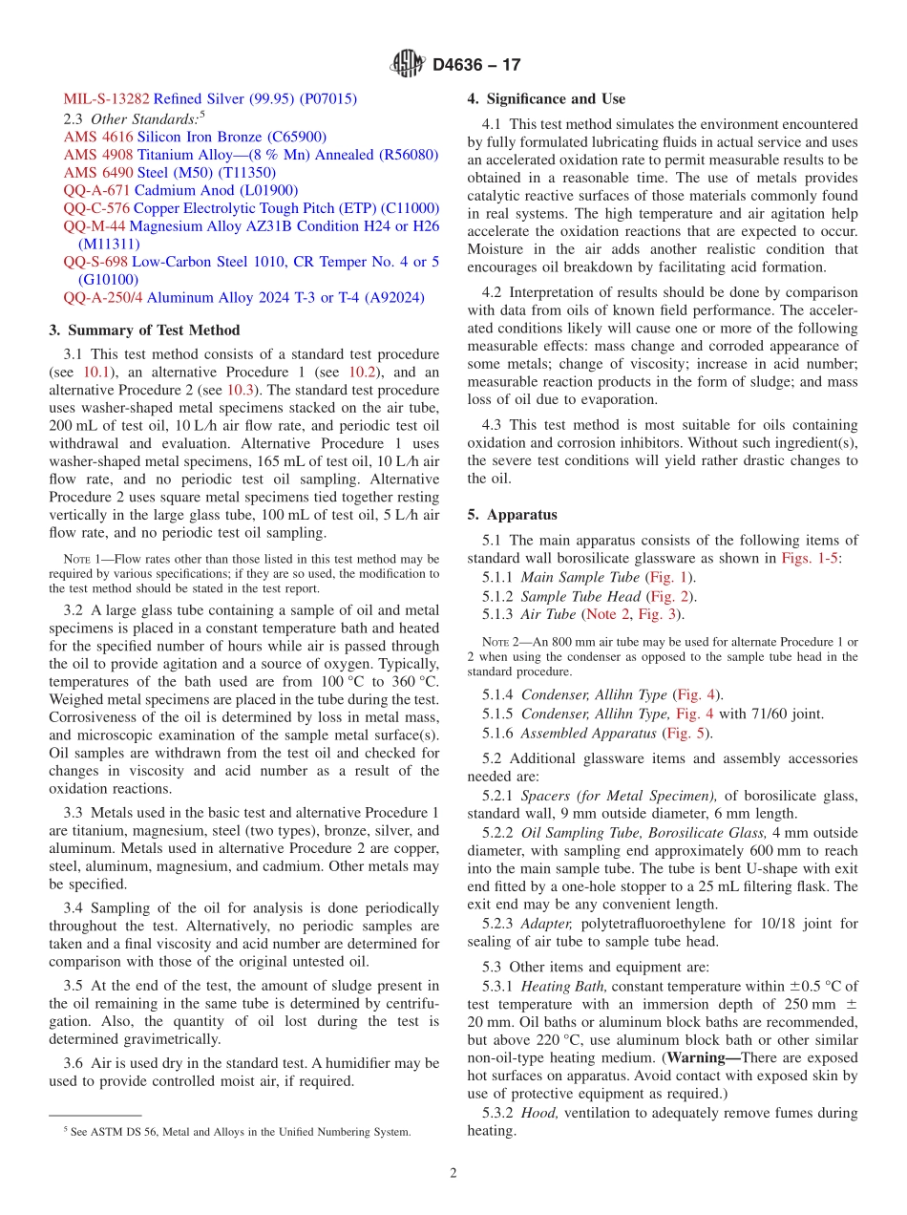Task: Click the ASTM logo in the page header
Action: click(408, 65)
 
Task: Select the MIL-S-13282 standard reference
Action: click(106, 98)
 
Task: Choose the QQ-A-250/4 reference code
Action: click(103, 298)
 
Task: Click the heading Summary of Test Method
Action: click(144, 330)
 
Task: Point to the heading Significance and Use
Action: click(546, 98)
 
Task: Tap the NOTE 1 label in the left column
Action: click(75, 559)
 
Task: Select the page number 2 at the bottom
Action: click(453, 1174)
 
